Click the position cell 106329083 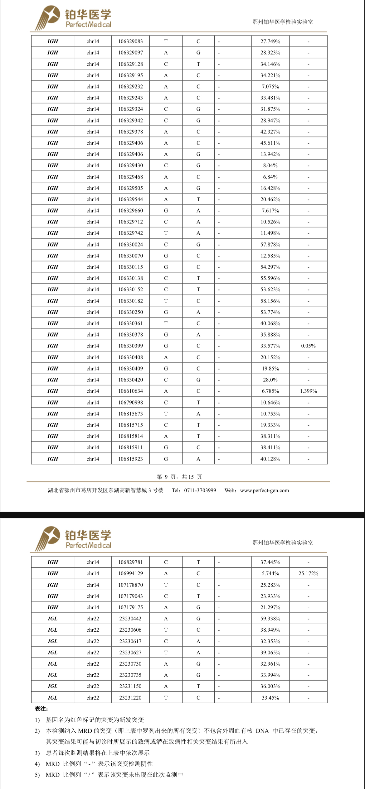[130, 41]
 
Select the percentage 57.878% [270, 245]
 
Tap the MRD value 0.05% [308, 346]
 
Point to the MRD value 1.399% [308, 391]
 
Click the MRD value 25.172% [308, 573]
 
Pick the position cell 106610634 [130, 391]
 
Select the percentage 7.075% [270, 87]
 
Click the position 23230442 [130, 619]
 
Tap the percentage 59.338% [270, 619]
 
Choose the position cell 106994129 [130, 573]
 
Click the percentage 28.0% [270, 380]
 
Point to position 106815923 [130, 459]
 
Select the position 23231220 [130, 698]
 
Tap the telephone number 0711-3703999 [200, 490]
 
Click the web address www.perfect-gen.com [264, 490]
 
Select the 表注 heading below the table [41, 709]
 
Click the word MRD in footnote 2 [85, 731]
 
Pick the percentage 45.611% [270, 143]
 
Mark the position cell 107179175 [130, 607]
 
